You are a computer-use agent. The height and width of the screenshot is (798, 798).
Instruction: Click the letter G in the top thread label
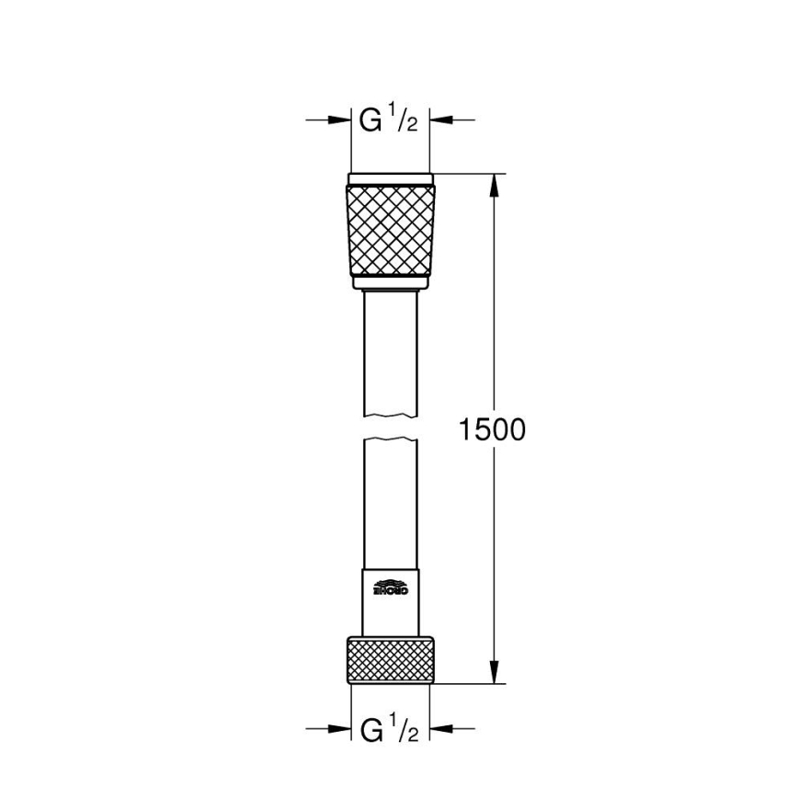click(x=370, y=120)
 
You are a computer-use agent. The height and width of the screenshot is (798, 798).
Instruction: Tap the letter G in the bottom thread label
click(x=370, y=732)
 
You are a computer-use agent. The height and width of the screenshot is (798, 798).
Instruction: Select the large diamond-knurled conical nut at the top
click(x=391, y=230)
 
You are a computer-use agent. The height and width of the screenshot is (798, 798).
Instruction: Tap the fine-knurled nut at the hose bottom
click(x=391, y=660)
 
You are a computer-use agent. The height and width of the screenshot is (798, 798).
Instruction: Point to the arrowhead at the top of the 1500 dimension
click(x=495, y=184)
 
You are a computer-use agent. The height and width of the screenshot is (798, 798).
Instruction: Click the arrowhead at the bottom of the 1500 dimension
click(x=495, y=673)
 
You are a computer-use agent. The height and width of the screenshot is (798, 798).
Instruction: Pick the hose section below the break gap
click(x=391, y=501)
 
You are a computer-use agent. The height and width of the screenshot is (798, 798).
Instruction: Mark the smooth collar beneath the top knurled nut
click(x=391, y=282)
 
